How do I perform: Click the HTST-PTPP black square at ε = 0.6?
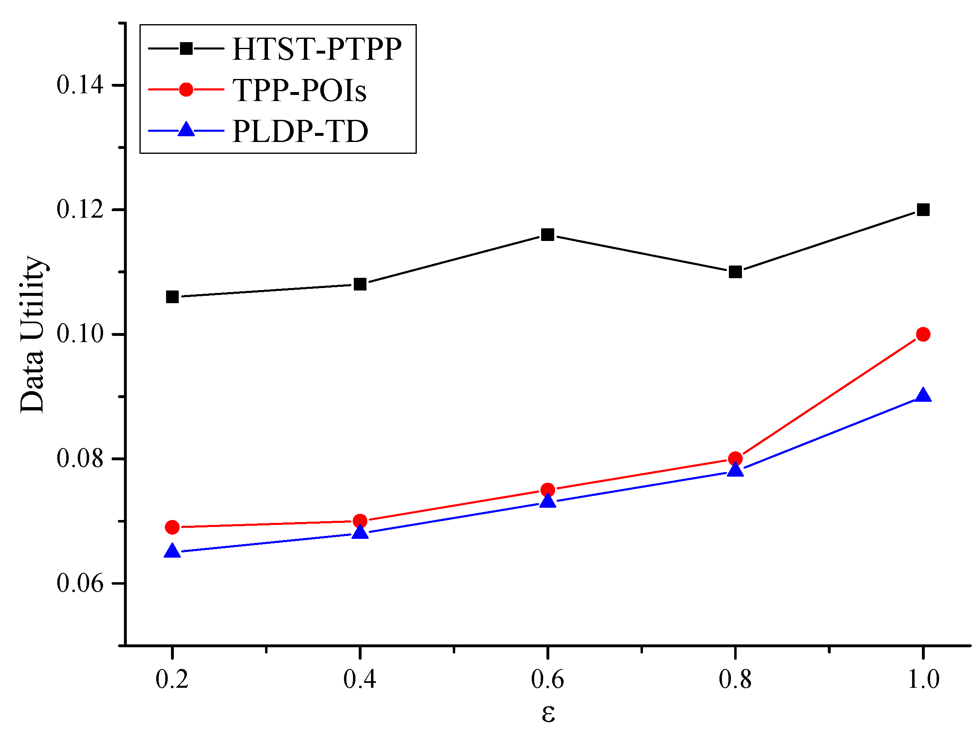pos(548,234)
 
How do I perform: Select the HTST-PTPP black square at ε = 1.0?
pos(923,209)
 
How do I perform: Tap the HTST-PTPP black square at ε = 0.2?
pos(172,297)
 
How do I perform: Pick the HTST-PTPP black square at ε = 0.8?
pos(735,272)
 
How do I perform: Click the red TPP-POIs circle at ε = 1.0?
pos(923,334)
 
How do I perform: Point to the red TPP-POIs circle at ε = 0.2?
pos(172,527)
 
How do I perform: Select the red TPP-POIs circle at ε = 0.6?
pos(548,490)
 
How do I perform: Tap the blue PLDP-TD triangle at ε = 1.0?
pos(923,395)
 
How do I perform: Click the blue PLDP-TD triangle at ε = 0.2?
pos(172,552)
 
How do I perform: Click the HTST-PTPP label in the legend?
pos(317,48)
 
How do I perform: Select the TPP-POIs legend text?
pos(299,90)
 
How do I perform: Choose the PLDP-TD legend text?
pos(300,131)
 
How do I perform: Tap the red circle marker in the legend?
pos(186,90)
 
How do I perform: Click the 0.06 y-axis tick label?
pos(80,583)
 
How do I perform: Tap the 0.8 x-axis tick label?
pos(735,680)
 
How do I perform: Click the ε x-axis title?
pos(548,714)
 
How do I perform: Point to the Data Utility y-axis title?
pos(32,335)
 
